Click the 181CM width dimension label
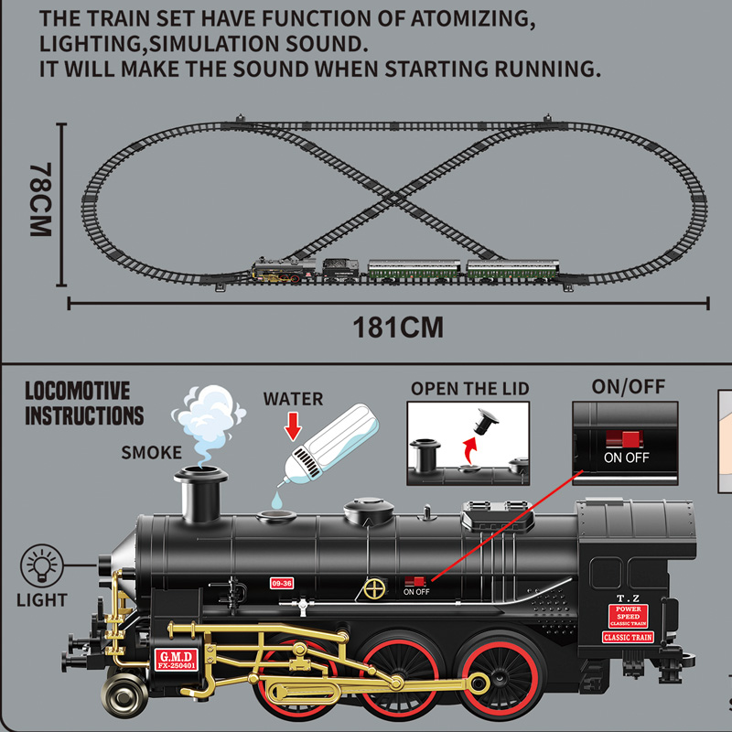[x=399, y=328]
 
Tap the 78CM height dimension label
[x=39, y=201]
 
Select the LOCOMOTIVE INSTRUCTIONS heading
[x=84, y=404]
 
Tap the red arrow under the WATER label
[x=293, y=424]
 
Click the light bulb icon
[x=41, y=563]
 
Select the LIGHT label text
[x=41, y=600]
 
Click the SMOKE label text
[x=152, y=452]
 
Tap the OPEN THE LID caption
[x=469, y=388]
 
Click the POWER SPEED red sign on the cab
[x=630, y=614]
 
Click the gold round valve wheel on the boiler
[x=372, y=587]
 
